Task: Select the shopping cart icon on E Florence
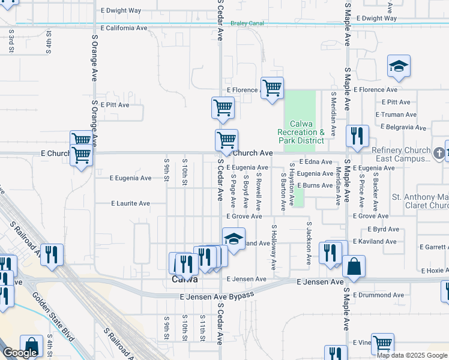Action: tap(272, 88)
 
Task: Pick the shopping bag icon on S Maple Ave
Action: tap(354, 267)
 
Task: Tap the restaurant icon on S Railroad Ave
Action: tap(52, 254)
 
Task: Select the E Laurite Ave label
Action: tap(130, 203)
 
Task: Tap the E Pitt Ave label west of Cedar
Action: tap(115, 104)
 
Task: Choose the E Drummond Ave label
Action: tap(378, 295)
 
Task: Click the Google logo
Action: tap(20, 353)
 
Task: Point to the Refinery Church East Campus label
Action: tap(401, 154)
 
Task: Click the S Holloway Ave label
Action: tap(273, 246)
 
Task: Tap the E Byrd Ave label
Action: tap(373, 229)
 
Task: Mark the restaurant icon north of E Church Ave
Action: tap(357, 136)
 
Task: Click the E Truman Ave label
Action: tap(396, 115)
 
